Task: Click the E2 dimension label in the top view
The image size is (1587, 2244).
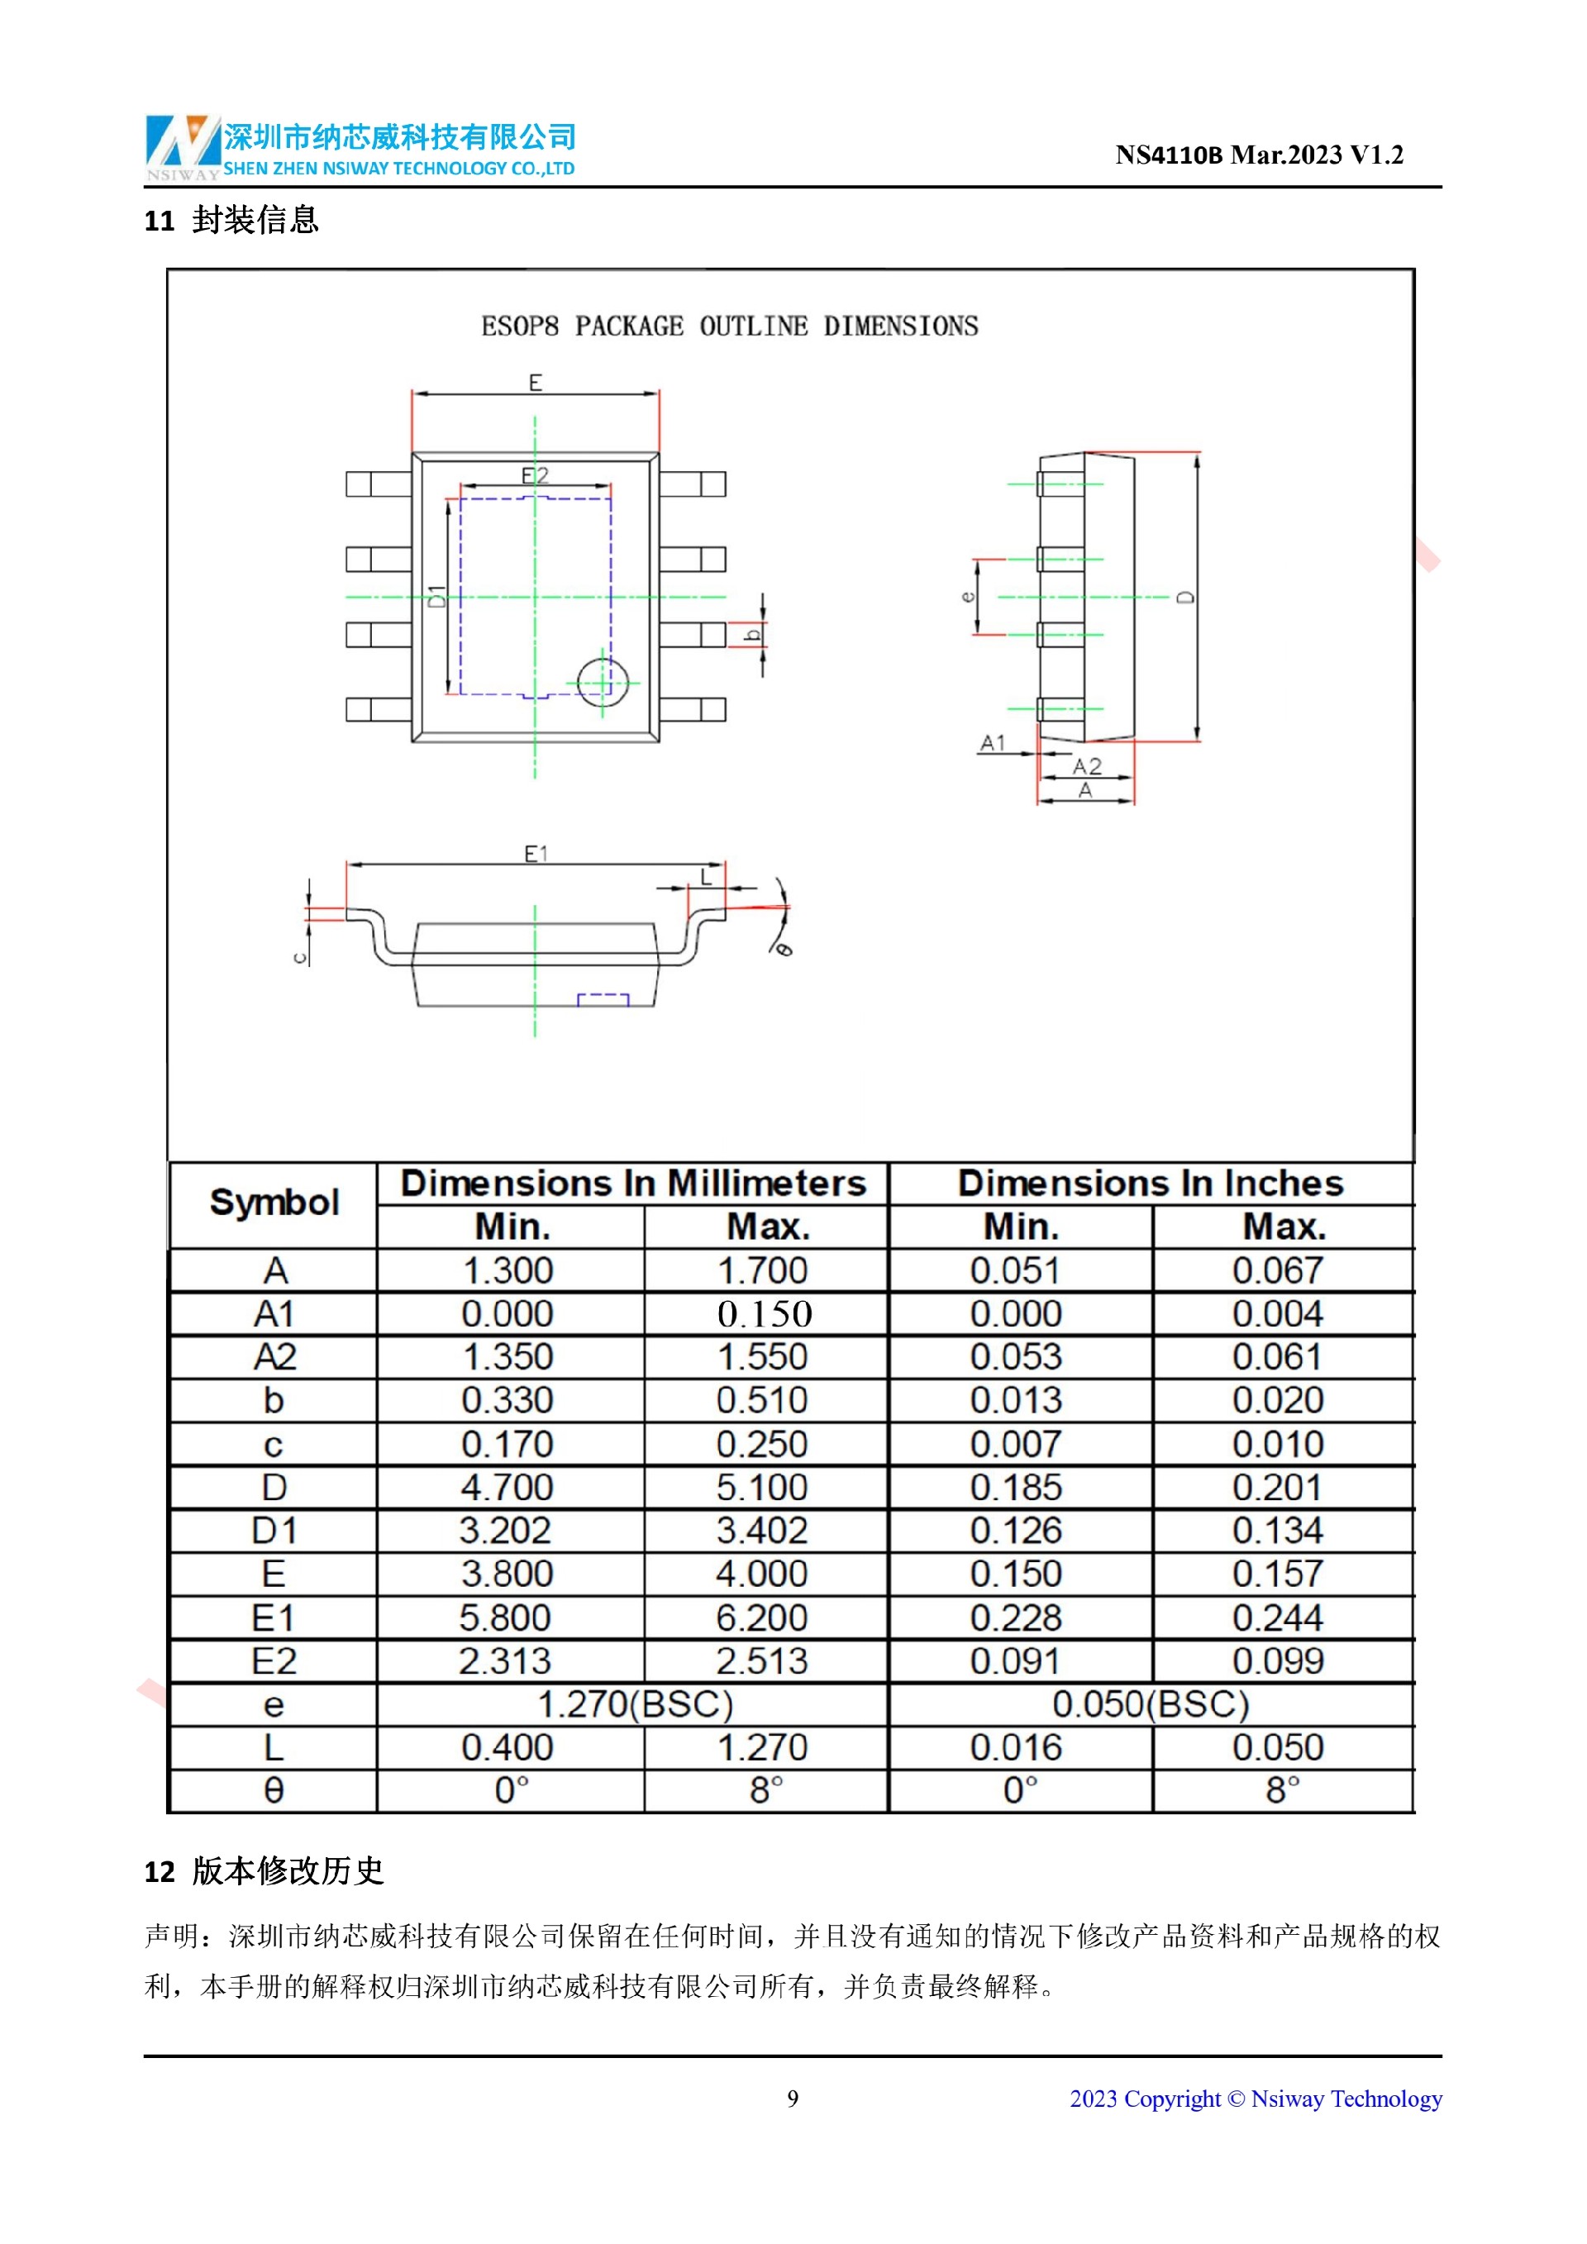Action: [535, 476]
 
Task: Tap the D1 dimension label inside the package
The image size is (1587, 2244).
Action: [436, 595]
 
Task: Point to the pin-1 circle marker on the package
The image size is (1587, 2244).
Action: [602, 682]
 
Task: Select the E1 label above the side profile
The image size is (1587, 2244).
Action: [536, 853]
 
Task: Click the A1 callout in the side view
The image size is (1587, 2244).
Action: [992, 743]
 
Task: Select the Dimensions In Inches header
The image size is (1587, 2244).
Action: [1151, 1183]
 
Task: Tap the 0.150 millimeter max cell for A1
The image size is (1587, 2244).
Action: [765, 1313]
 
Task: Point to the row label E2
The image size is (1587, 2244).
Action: [274, 1660]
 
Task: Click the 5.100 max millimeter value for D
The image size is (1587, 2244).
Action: [762, 1487]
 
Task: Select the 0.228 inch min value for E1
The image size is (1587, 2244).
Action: [1015, 1617]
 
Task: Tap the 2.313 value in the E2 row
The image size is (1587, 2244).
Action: [505, 1660]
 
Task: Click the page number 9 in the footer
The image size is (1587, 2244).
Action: [793, 2099]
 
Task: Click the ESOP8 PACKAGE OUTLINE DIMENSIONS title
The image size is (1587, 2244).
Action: [729, 326]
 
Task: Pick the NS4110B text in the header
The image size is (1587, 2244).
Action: [1169, 155]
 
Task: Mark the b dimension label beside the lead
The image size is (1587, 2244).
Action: [751, 636]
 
